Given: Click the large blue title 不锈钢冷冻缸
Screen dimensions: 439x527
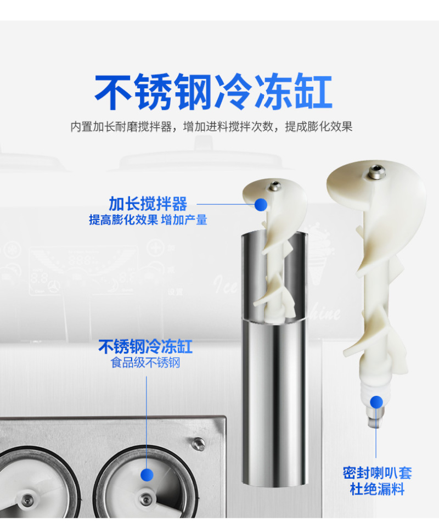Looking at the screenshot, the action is [213, 92].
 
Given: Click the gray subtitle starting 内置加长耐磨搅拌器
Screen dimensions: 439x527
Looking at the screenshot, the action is [211, 127].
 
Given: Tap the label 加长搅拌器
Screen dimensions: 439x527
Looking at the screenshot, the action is [148, 204].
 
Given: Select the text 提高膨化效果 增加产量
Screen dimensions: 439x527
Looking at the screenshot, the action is [148, 220].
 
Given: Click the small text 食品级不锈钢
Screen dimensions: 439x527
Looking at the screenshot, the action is [145, 363].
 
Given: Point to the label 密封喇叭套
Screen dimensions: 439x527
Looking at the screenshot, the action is [377, 473].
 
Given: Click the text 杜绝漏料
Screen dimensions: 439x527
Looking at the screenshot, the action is [377, 489].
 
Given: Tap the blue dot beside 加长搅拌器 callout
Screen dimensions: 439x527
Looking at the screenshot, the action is [261, 204].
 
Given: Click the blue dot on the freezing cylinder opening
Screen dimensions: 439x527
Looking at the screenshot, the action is [147, 475].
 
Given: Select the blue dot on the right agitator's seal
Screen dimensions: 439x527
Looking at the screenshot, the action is [376, 402].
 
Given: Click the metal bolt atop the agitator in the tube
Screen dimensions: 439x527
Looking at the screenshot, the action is [275, 186].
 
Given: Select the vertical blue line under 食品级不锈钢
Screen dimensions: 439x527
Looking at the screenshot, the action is [147, 422].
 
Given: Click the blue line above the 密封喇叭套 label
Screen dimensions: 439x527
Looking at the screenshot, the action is [376, 433].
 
